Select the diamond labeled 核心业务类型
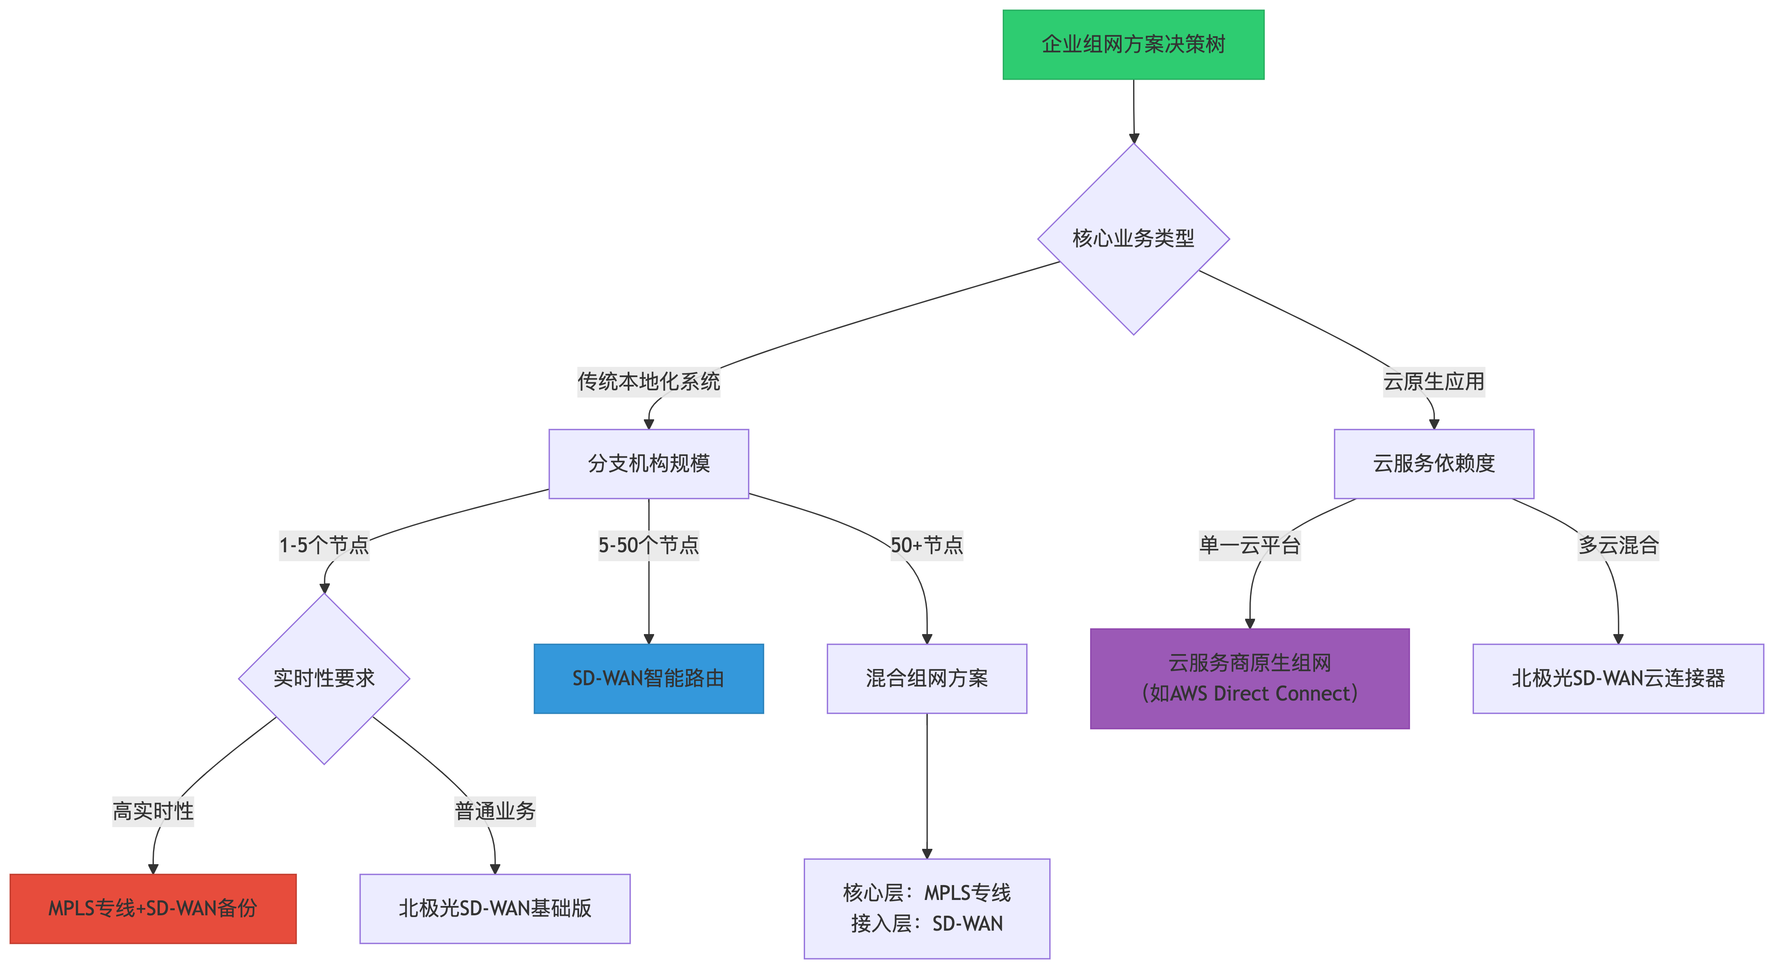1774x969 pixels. tap(1134, 239)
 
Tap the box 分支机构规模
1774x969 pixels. tap(649, 464)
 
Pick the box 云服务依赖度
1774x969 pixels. tap(1434, 464)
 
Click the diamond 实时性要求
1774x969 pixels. tap(324, 678)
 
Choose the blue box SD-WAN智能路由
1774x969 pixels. tap(649, 678)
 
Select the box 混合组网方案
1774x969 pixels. tap(927, 678)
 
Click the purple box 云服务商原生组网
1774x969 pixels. tap(1250, 678)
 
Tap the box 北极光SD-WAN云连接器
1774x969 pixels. tap(1618, 678)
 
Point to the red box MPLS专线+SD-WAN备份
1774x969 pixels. tap(153, 908)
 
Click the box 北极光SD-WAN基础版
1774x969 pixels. tap(495, 908)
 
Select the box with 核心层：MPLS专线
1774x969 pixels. tap(927, 908)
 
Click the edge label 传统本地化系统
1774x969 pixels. tap(649, 381)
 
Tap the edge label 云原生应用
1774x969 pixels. tap(1434, 381)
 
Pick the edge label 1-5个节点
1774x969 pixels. tap(324, 545)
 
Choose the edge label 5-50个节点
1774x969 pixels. tap(649, 545)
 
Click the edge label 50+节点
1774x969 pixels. tap(927, 545)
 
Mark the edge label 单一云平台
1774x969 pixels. tap(1250, 545)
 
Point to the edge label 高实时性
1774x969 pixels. tap(153, 811)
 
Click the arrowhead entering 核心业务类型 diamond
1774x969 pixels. tap(1134, 138)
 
